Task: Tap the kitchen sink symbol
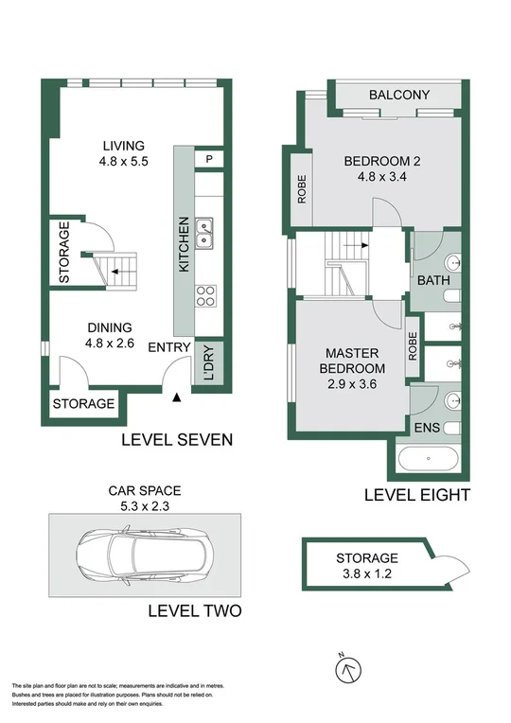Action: tap(204, 228)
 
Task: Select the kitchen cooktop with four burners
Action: tap(204, 295)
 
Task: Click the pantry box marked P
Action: tap(208, 158)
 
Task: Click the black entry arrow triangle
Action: tap(177, 398)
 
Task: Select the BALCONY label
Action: tap(399, 95)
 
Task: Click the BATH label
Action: tap(433, 280)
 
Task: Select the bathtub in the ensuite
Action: tap(429, 461)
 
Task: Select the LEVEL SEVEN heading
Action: tap(177, 440)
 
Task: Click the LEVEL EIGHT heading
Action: tap(417, 495)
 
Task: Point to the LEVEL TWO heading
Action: tap(195, 611)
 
